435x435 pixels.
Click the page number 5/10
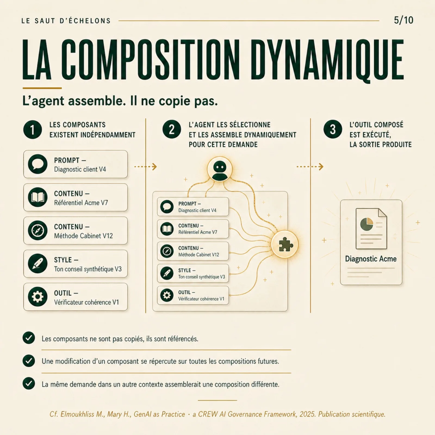403,20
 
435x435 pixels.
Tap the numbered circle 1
33,130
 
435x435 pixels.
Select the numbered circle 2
172,129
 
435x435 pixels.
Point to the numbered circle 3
333,129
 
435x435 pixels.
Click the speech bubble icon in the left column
38,164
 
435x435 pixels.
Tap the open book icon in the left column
38,197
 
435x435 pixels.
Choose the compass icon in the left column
38,231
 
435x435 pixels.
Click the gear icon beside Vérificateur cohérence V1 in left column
38,297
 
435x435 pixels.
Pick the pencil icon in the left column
38,264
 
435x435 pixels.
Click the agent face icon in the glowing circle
220,169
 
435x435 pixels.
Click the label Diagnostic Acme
371,259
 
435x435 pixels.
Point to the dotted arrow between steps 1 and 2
146,167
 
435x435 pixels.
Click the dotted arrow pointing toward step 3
310,167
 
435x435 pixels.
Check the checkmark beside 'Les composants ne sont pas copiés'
29,338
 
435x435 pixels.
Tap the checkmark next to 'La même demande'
29,383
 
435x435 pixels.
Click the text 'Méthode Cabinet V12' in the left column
83,236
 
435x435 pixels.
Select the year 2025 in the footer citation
307,414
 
